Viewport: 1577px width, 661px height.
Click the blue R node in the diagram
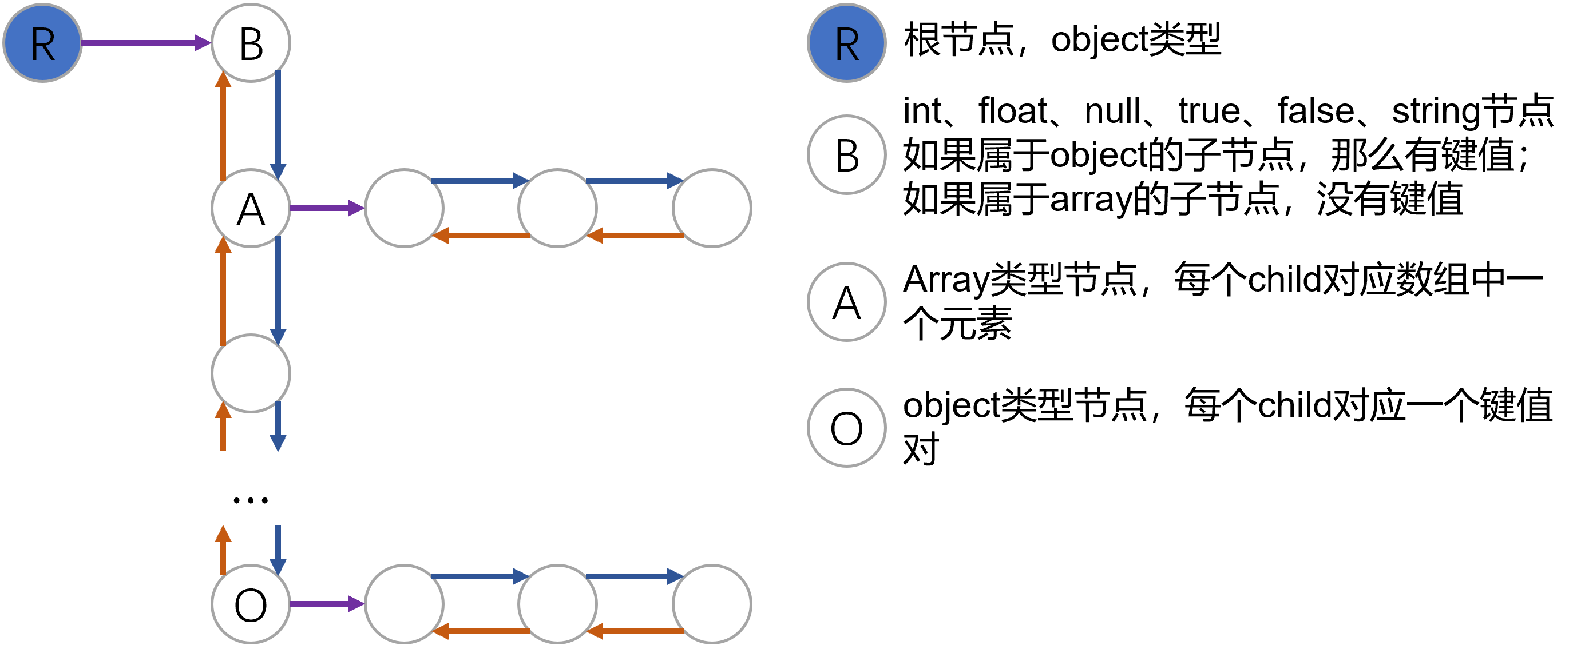(x=43, y=43)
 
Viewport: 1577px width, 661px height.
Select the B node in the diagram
(x=251, y=43)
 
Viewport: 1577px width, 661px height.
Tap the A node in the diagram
(x=251, y=208)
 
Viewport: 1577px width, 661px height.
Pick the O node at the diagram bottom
(x=251, y=604)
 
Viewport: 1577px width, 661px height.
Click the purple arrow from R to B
(x=146, y=43)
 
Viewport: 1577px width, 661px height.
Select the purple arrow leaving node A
(x=327, y=208)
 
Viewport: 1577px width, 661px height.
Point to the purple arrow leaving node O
(x=327, y=604)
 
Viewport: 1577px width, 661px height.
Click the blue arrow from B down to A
(x=278, y=125)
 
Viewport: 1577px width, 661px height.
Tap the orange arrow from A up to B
(x=224, y=125)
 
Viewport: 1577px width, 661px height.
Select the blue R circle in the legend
(x=847, y=43)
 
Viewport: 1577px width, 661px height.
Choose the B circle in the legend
(x=847, y=155)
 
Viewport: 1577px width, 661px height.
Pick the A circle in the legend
(x=847, y=302)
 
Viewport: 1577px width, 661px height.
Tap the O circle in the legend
(x=847, y=428)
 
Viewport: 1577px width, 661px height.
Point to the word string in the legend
(x=1436, y=112)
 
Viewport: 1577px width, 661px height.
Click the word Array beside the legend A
(x=945, y=280)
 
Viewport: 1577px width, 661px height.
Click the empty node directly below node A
(x=251, y=373)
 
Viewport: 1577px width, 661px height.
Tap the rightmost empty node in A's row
(x=712, y=208)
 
